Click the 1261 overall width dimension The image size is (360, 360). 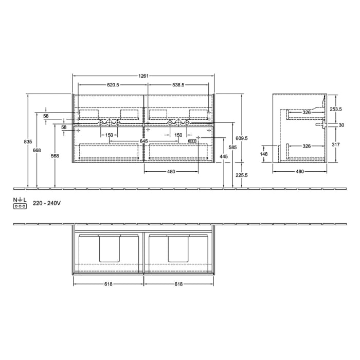coord(143,76)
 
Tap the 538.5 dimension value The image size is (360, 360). coord(178,85)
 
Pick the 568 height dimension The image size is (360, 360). coord(55,156)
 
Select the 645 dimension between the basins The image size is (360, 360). coord(144,141)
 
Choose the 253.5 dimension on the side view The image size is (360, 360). coord(336,109)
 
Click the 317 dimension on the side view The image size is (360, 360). coord(335,145)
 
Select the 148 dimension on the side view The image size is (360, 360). coord(264,153)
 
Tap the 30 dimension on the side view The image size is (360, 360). coord(341,125)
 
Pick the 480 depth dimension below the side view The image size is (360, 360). coord(299,172)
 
